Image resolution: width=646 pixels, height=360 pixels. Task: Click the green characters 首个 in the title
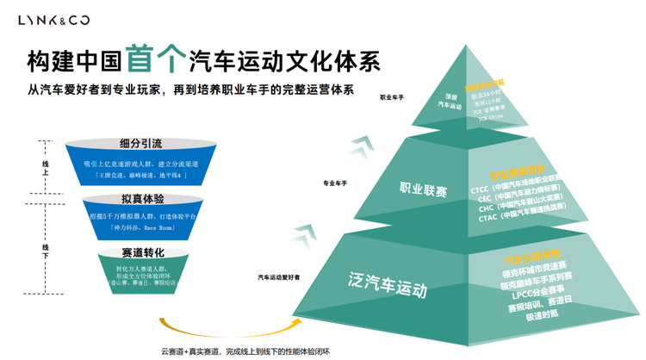pyautogui.click(x=155, y=59)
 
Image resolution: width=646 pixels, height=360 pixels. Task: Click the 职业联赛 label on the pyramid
pyautogui.click(x=423, y=189)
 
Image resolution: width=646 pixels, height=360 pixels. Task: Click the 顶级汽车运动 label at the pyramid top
pyautogui.click(x=450, y=100)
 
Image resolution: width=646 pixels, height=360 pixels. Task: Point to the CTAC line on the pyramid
pyautogui.click(x=516, y=218)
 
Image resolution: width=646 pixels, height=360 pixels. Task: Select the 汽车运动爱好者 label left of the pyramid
pyautogui.click(x=279, y=277)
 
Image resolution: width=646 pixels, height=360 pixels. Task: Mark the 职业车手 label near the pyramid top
pyautogui.click(x=392, y=97)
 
